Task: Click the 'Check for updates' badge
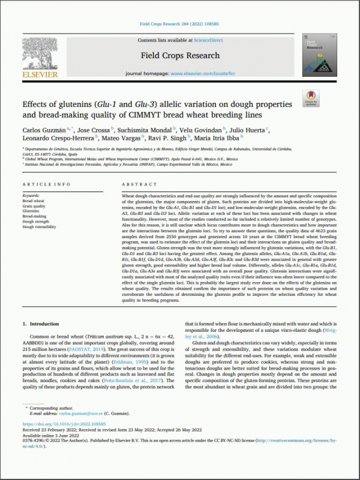[x=312, y=98]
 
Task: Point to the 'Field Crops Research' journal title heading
[x=180, y=56]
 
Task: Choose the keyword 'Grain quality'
[x=35, y=206]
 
